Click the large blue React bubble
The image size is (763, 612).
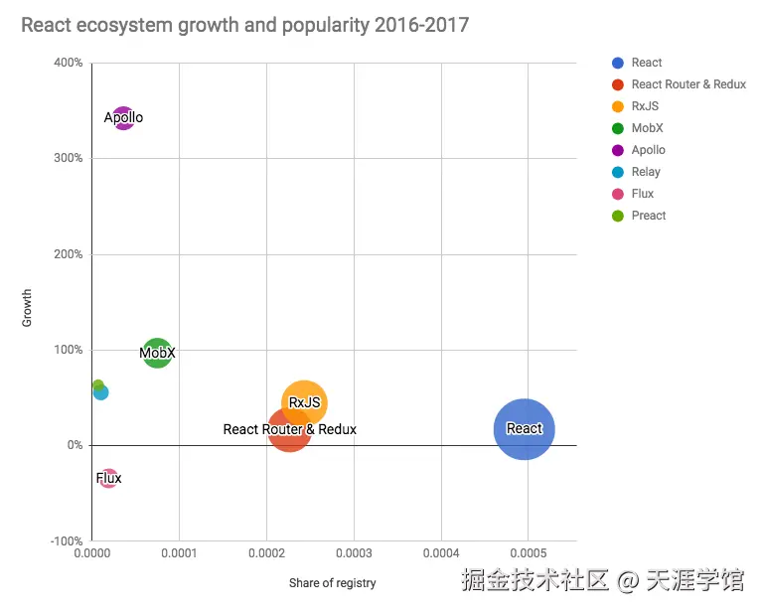click(x=524, y=429)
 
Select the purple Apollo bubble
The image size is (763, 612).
click(x=123, y=118)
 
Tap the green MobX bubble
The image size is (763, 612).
click(x=157, y=352)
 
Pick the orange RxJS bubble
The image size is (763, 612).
click(x=305, y=402)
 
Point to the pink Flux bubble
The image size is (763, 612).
click(x=108, y=479)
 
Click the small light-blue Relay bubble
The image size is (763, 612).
click(x=100, y=392)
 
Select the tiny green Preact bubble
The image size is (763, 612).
click(x=97, y=384)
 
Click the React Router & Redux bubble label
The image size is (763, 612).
click(x=289, y=430)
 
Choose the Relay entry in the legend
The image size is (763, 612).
click(x=646, y=172)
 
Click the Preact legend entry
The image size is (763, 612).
click(x=648, y=216)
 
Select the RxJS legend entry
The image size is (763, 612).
click(x=645, y=106)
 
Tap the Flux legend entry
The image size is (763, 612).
click(x=643, y=194)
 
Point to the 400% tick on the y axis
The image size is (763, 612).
click(x=67, y=63)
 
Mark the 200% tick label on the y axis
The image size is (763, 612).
click(x=67, y=254)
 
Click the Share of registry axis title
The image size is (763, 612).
click(x=333, y=582)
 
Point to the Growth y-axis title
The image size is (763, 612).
click(x=28, y=308)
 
